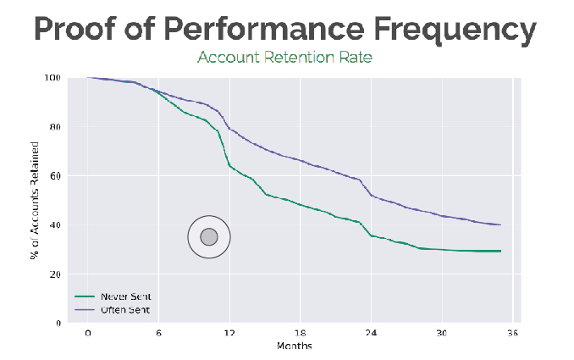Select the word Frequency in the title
[x=458, y=29]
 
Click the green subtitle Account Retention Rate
[x=285, y=58]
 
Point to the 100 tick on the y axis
[x=52, y=78]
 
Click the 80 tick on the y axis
[x=55, y=127]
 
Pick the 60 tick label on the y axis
[x=55, y=176]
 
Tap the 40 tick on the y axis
[x=55, y=225]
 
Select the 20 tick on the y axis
[x=55, y=274]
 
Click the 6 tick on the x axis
[x=159, y=334]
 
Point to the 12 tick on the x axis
[x=229, y=334]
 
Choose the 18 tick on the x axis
[x=300, y=334]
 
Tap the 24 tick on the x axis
[x=370, y=334]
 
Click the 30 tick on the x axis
[x=440, y=334]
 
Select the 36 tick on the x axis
[x=511, y=334]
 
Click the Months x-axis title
[x=293, y=346]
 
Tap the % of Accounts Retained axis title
[x=35, y=201]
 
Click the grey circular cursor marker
[x=209, y=237]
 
